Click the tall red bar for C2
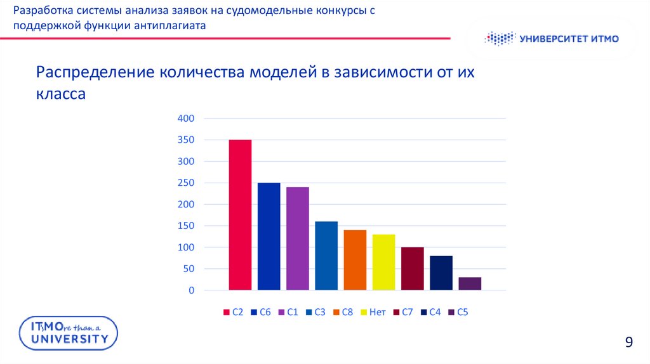[x=240, y=215]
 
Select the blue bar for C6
[x=269, y=237]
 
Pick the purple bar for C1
[x=297, y=238]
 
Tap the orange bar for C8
[x=355, y=260]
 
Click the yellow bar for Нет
[x=383, y=262]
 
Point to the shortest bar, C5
[x=470, y=283]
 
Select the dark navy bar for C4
[x=441, y=273]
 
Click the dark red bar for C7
[x=412, y=268]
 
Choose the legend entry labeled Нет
[x=373, y=312]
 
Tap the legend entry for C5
[x=458, y=312]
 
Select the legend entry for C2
[x=234, y=312]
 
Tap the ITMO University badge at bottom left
[x=65, y=332]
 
